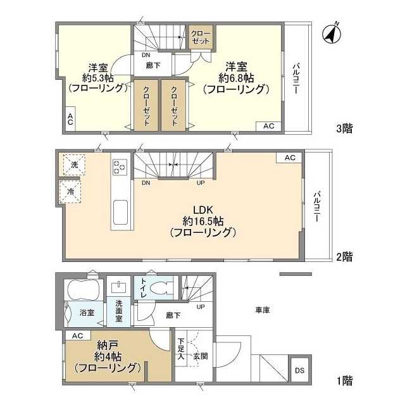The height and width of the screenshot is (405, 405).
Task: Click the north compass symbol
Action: [332, 34]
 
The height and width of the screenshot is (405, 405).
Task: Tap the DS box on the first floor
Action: [299, 370]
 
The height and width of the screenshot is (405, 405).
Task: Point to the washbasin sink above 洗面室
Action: [119, 287]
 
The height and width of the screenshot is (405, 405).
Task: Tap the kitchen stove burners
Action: [120, 167]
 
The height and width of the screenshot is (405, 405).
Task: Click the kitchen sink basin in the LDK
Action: [121, 213]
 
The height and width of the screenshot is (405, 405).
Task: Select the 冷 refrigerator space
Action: [70, 191]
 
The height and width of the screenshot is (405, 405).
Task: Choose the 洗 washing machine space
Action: [75, 165]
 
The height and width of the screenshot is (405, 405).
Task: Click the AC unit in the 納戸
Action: [78, 335]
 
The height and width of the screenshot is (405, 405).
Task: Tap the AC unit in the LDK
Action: [290, 158]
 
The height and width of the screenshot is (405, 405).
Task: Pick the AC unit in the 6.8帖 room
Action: [268, 126]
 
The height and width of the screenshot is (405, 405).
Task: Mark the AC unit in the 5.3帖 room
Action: [70, 119]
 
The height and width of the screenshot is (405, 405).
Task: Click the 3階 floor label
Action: [344, 128]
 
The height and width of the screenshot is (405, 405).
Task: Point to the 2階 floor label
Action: [344, 256]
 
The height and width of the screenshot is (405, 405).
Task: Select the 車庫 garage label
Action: [263, 309]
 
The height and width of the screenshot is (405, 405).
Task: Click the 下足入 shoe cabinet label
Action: [181, 349]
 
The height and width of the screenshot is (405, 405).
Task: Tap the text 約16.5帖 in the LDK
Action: [203, 221]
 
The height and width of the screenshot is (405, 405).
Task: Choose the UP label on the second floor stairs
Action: [201, 183]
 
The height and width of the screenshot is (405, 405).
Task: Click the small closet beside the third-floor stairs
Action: [201, 37]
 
